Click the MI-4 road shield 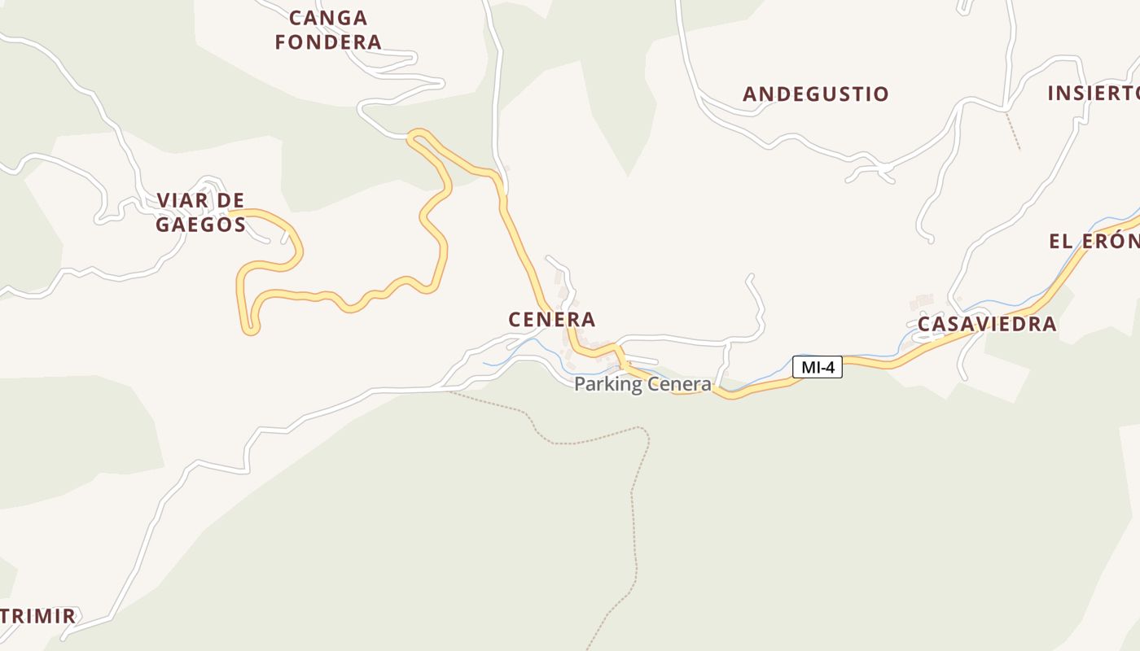(x=818, y=367)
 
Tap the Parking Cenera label (x=642, y=384)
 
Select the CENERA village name (x=552, y=320)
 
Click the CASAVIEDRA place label (x=987, y=324)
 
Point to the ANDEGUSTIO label (x=816, y=94)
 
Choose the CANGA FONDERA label (x=328, y=30)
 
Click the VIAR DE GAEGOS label (x=200, y=212)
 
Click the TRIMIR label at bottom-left (x=38, y=616)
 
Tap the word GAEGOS (x=200, y=225)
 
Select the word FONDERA (x=328, y=42)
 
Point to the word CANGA (x=328, y=18)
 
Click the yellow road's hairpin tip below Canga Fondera (x=415, y=135)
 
